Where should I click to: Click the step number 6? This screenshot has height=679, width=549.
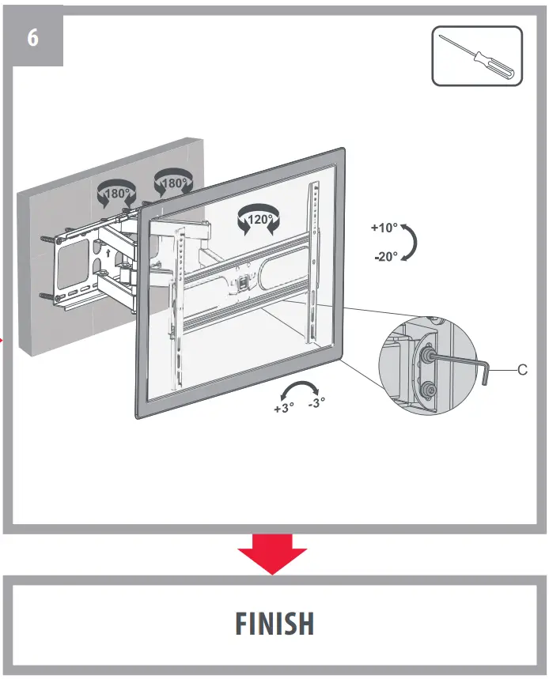(x=32, y=37)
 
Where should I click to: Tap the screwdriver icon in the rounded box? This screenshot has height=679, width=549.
(x=477, y=56)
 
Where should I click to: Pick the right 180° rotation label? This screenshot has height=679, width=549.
(x=172, y=184)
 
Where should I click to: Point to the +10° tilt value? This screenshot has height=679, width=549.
(x=384, y=228)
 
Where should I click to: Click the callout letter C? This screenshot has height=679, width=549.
(x=522, y=369)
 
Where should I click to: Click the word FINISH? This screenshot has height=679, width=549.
(x=274, y=624)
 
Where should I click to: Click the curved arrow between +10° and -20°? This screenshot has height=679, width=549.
(x=409, y=242)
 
